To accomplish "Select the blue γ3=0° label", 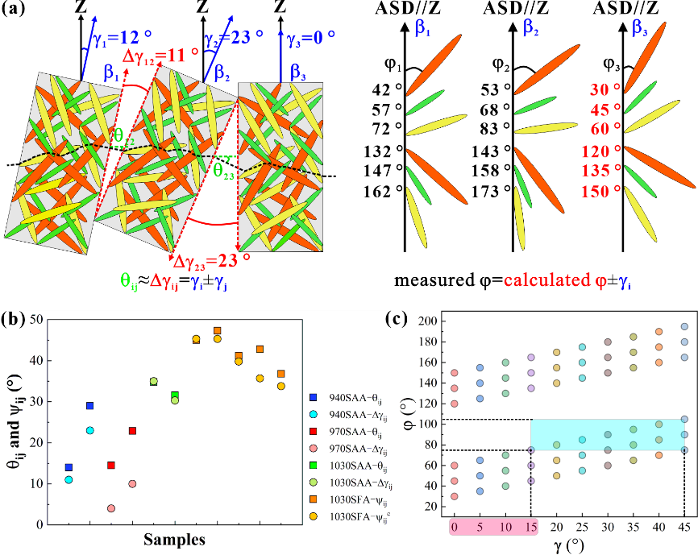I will (309, 36).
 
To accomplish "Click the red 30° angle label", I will (605, 89).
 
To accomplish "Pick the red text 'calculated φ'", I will (555, 280).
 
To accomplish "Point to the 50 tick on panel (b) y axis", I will (38, 319).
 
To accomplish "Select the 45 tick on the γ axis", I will (683, 526).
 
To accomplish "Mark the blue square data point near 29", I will (89, 405).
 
